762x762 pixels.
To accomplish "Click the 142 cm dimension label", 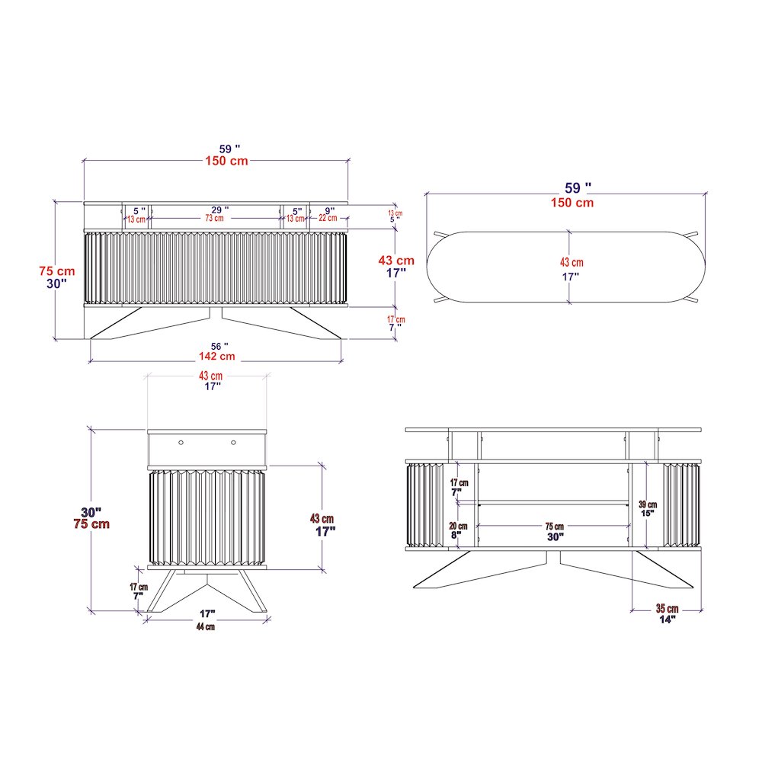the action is coord(216,356).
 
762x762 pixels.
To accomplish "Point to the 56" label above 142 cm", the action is coord(219,346).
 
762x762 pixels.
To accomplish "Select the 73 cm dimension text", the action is coord(214,218).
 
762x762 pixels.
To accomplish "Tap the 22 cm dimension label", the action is coord(328,218).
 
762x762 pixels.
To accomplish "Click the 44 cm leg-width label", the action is coord(206,626).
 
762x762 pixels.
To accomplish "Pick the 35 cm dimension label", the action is coord(668,608).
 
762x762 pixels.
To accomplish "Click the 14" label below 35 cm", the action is coord(668,619).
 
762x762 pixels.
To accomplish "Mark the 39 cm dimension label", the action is coord(648,504).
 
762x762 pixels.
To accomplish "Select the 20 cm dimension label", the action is coord(458,526).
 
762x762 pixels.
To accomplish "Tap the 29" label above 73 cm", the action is coord(220,210).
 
